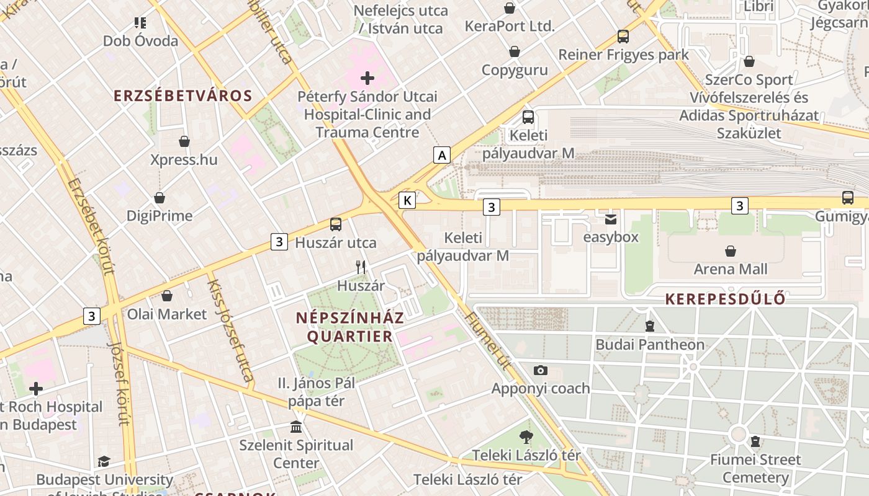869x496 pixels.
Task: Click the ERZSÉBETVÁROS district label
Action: point(183,95)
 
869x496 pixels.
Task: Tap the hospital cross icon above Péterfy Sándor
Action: point(367,78)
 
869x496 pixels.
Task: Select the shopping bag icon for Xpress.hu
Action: point(184,141)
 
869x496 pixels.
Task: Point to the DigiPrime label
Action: point(160,216)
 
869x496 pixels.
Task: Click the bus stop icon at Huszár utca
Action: point(336,224)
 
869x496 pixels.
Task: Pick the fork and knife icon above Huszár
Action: point(360,267)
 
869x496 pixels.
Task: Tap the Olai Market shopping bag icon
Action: point(166,296)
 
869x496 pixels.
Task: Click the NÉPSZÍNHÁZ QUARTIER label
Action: point(350,327)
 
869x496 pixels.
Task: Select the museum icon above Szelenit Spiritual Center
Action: point(296,427)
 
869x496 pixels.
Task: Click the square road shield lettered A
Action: point(442,154)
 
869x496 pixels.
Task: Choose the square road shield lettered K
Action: point(407,200)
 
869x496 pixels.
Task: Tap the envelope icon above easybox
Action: point(611,219)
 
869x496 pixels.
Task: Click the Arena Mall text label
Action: point(731,269)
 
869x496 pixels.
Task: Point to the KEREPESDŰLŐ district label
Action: point(726,299)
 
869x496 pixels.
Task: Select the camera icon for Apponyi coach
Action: point(541,370)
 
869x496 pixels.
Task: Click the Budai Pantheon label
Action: point(650,344)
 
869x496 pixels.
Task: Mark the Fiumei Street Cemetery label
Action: point(755,468)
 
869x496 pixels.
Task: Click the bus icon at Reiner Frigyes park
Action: point(623,37)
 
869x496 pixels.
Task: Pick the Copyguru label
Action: point(515,69)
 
